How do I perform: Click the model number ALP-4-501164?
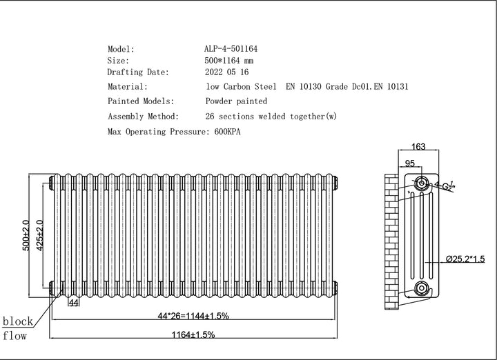231,50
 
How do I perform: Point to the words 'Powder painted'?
236,101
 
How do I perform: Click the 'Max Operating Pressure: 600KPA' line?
177,131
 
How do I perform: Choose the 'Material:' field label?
127,87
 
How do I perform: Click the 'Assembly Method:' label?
143,116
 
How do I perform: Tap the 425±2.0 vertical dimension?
41,237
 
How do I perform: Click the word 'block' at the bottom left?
19,321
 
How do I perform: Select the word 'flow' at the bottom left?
16,337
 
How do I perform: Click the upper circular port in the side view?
421,183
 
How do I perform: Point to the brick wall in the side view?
391,234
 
